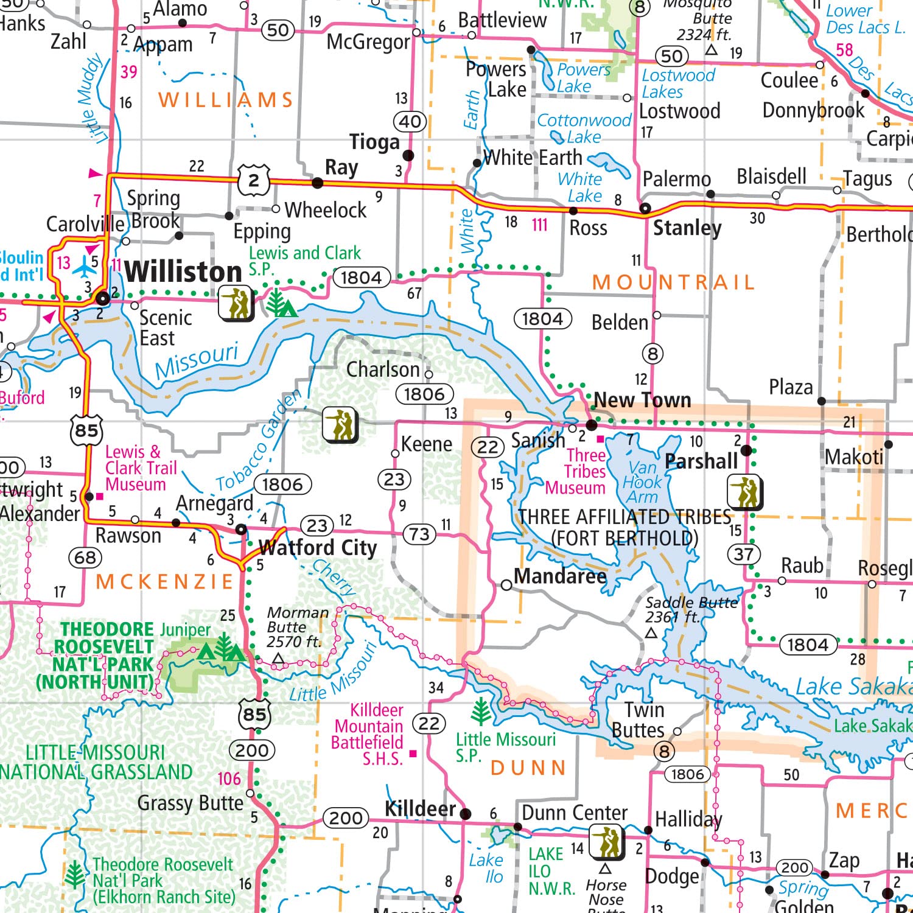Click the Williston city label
(x=184, y=271)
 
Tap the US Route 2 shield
(x=253, y=180)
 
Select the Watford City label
(x=318, y=547)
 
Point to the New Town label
(x=642, y=400)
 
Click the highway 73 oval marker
(x=419, y=534)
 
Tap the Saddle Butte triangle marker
(x=651, y=633)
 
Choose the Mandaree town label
(x=560, y=576)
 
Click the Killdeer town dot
(x=466, y=814)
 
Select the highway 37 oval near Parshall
(x=744, y=554)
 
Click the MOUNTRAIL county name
(x=674, y=282)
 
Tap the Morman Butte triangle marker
(x=278, y=658)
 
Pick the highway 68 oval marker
(x=85, y=558)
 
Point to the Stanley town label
(x=687, y=228)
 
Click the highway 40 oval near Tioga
(x=410, y=122)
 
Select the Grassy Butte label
(x=190, y=803)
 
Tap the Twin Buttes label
(x=638, y=720)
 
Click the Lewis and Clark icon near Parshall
(x=744, y=491)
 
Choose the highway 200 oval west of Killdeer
(x=346, y=818)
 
